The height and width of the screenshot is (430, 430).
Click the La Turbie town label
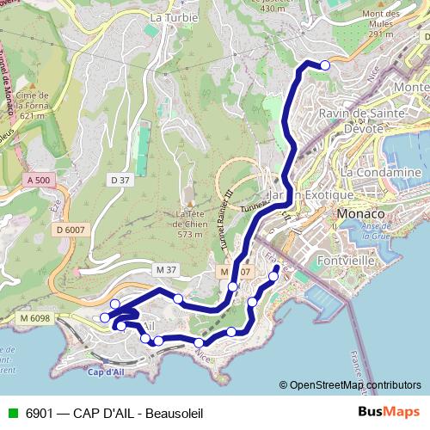174,16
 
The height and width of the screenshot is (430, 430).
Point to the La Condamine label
380,172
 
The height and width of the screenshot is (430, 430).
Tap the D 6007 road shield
71,230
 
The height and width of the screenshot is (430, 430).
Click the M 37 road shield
166,270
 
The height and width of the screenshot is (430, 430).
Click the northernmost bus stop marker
325,64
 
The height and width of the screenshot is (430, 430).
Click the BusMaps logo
388,412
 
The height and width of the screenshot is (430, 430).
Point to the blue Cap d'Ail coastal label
107,372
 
